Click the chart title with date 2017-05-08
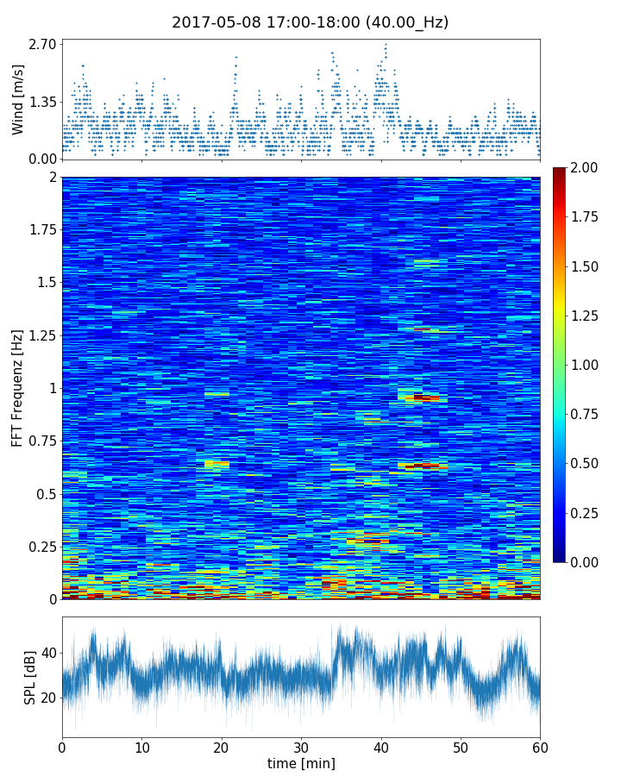pos(310,22)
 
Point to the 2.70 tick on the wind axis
pos(43,44)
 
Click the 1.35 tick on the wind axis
pos(43,102)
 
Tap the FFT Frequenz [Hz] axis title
pos(18,387)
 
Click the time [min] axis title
pos(301,763)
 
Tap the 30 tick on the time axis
pos(301,746)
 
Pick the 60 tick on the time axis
pos(540,746)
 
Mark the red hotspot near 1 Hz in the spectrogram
pos(422,397)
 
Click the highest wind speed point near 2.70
pos(386,44)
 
